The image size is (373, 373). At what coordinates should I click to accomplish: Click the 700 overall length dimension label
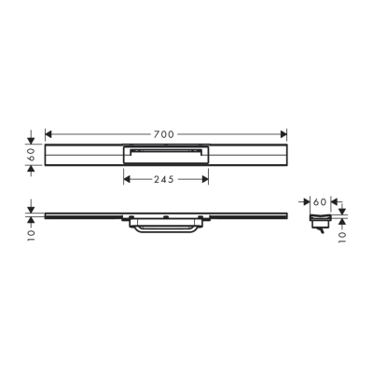point(165,135)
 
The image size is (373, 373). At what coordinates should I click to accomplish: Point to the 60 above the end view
point(319,201)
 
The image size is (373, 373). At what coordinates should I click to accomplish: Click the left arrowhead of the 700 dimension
point(48,135)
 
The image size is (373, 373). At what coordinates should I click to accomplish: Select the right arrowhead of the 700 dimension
point(283,135)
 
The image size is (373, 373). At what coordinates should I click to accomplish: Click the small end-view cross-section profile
point(318,220)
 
